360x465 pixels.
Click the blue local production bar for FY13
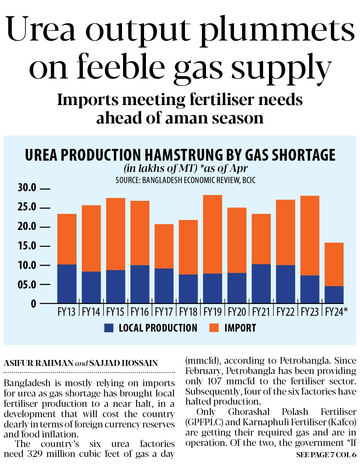point(67,284)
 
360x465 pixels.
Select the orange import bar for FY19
point(213,234)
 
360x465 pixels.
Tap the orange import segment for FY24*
point(334,264)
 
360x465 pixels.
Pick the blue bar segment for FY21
point(261,284)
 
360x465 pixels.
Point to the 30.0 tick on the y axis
point(27,188)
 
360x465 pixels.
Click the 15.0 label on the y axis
point(27,246)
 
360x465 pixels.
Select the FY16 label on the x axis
point(140,312)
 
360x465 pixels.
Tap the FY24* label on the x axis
point(336,312)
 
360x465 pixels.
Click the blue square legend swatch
point(109,328)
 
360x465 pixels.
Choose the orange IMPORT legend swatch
point(214,328)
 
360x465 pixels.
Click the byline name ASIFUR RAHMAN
point(38,363)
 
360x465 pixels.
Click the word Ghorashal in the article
point(249,412)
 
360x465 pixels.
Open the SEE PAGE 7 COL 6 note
point(326,455)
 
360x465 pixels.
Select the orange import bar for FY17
point(164,246)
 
